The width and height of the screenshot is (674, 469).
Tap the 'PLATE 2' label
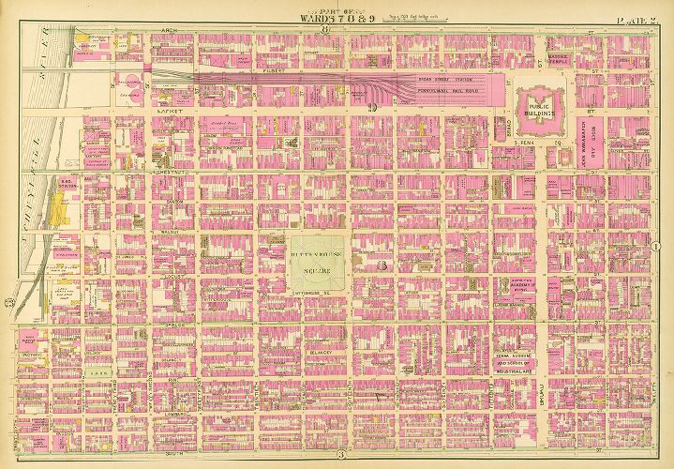[633, 10]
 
